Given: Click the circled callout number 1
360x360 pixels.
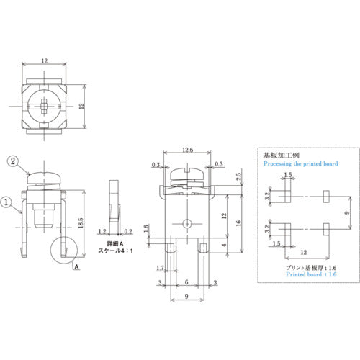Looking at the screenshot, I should pyautogui.click(x=6, y=202).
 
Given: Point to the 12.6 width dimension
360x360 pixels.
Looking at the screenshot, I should pyautogui.click(x=188, y=150).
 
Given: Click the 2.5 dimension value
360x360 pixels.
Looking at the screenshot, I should pyautogui.click(x=238, y=176).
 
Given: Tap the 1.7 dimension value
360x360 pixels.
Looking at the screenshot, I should pyautogui.click(x=160, y=269).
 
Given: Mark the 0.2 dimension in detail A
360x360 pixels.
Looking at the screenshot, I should pyautogui.click(x=128, y=233).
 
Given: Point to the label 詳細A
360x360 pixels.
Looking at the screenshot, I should pyautogui.click(x=107, y=245).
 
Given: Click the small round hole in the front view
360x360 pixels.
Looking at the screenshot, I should pyautogui.click(x=187, y=222).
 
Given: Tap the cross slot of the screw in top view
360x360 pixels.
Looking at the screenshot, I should pyautogui.click(x=45, y=107).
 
